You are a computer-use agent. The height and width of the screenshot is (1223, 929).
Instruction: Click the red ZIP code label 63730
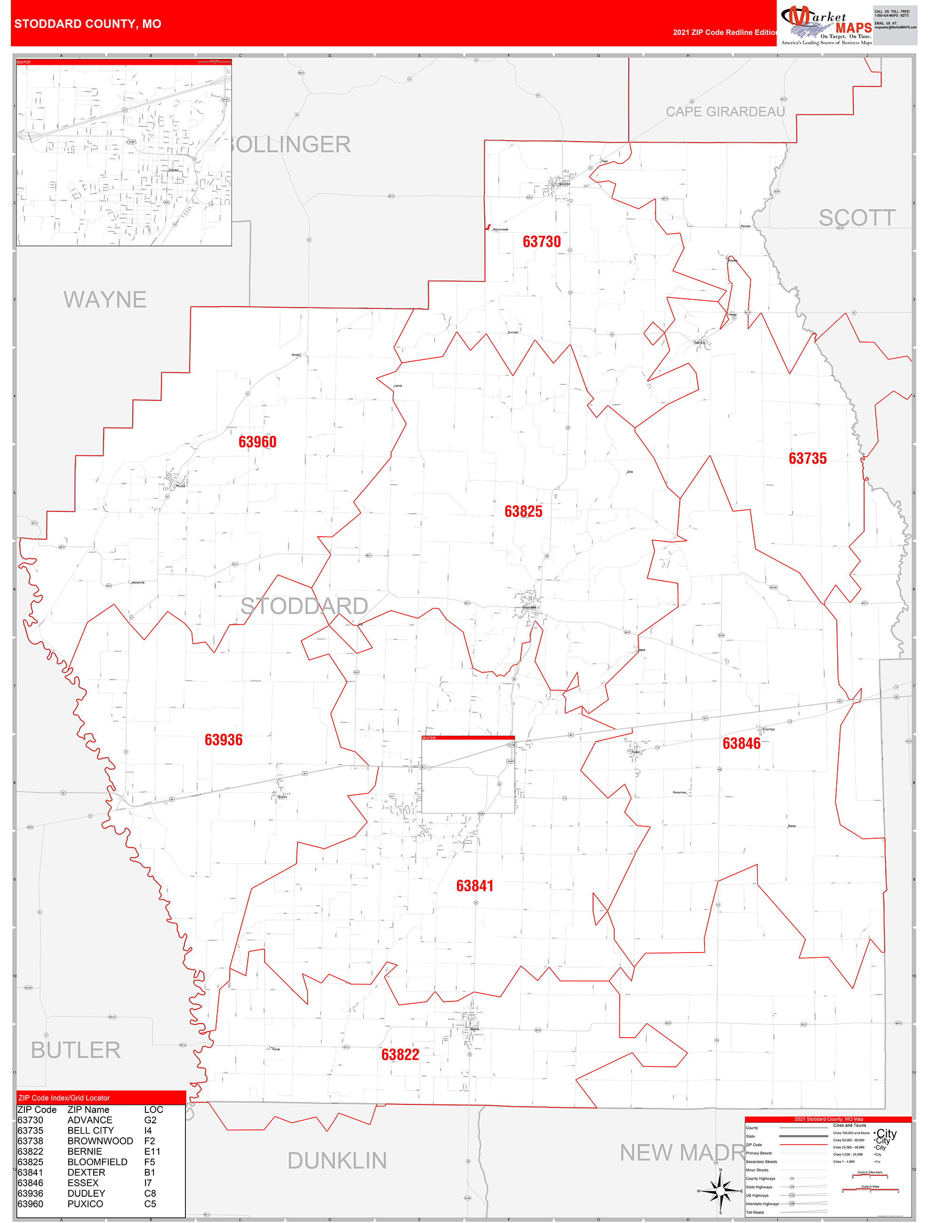point(541,242)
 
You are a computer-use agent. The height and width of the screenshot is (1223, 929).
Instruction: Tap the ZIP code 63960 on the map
point(257,442)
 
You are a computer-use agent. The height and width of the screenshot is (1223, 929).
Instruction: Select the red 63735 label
point(807,458)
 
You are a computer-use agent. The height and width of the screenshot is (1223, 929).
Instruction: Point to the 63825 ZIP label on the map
point(523,511)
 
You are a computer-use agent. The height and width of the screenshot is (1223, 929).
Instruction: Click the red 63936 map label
point(224,740)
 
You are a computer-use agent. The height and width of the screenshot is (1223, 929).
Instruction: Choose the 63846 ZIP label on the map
point(741,744)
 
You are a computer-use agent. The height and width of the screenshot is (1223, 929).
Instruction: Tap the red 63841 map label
point(474,886)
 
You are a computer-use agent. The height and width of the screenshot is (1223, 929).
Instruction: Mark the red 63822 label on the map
point(400,1055)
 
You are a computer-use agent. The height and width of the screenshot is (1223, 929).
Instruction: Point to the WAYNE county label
point(104,300)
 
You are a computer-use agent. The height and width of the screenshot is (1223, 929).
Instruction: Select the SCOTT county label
point(857,218)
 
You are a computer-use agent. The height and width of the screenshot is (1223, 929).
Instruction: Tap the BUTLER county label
point(76,1050)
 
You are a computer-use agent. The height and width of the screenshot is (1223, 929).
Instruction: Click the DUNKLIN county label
point(337,1161)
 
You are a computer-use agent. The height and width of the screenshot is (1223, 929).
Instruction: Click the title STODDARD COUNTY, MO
point(88,24)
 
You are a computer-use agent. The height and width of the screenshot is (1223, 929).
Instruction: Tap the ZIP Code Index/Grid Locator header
point(64,1097)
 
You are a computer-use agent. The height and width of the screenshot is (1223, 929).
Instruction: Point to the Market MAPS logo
point(826,24)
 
